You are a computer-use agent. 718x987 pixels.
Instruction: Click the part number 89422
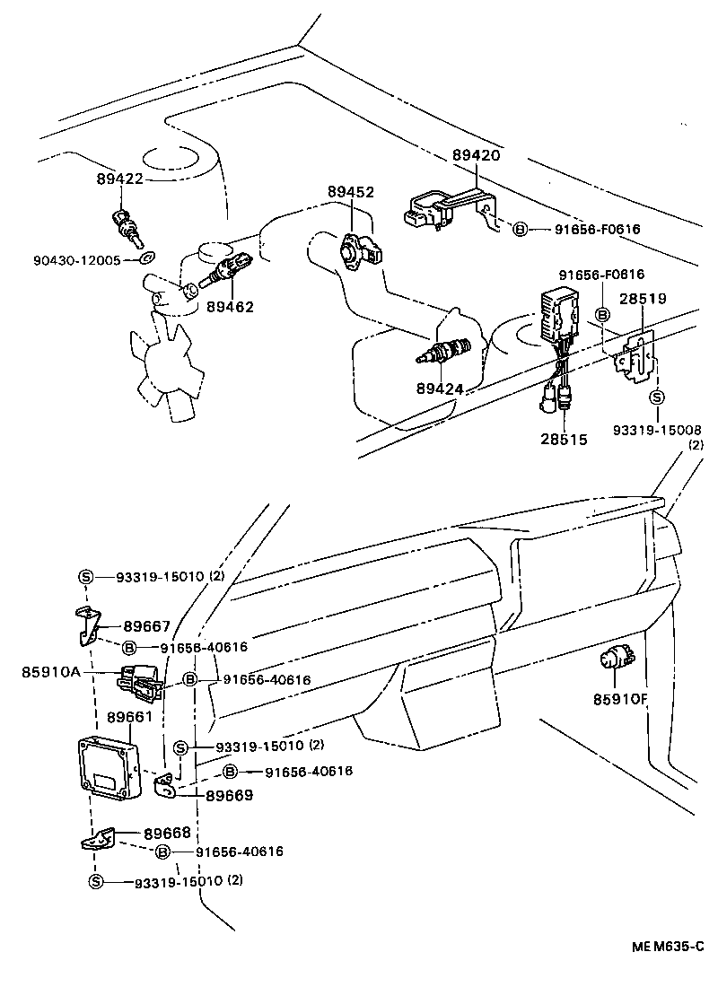pyautogui.click(x=120, y=179)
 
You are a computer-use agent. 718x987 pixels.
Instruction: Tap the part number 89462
pyautogui.click(x=230, y=307)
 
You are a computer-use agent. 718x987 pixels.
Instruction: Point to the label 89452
pyautogui.click(x=350, y=192)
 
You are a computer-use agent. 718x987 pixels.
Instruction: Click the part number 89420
pyautogui.click(x=476, y=155)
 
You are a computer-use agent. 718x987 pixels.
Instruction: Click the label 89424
pyautogui.click(x=440, y=389)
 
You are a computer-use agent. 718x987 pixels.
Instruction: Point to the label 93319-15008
pyautogui.click(x=657, y=432)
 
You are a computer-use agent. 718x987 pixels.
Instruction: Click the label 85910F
pyautogui.click(x=620, y=699)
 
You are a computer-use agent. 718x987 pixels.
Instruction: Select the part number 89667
pyautogui.click(x=146, y=626)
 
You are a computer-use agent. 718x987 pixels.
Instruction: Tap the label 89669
pyautogui.click(x=229, y=795)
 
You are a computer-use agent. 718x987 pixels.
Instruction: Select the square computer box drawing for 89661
pyautogui.click(x=109, y=769)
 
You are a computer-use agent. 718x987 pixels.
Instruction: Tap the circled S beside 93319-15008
pyautogui.click(x=657, y=397)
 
